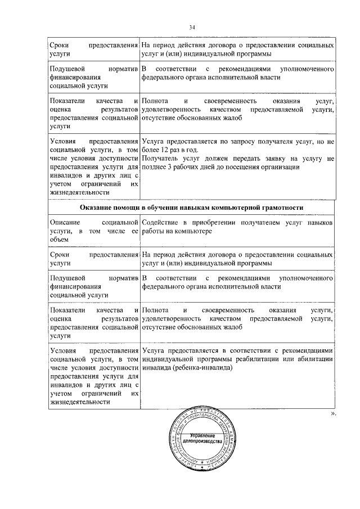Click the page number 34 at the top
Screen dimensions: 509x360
coord(192,26)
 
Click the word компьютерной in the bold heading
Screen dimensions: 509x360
coord(242,208)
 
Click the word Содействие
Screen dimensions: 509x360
coord(163,223)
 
